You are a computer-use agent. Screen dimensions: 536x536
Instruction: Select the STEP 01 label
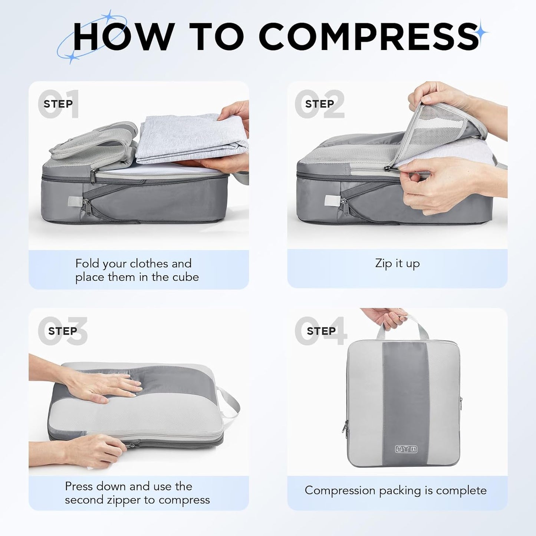click(58, 104)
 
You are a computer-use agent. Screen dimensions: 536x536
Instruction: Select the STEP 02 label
click(319, 104)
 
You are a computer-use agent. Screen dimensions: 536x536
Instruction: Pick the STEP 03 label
click(62, 331)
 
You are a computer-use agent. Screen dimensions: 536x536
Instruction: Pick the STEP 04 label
click(321, 331)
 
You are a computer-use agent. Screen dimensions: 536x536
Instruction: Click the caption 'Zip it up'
click(397, 263)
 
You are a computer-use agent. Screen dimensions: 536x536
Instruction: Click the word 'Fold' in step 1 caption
click(88, 263)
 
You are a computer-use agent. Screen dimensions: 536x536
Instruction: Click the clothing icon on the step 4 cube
click(406, 449)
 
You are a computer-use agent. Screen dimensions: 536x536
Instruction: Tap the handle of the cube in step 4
click(402, 325)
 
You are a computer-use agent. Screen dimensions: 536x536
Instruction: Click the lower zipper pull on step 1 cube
click(86, 205)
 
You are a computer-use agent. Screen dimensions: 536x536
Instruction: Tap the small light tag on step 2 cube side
click(331, 201)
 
